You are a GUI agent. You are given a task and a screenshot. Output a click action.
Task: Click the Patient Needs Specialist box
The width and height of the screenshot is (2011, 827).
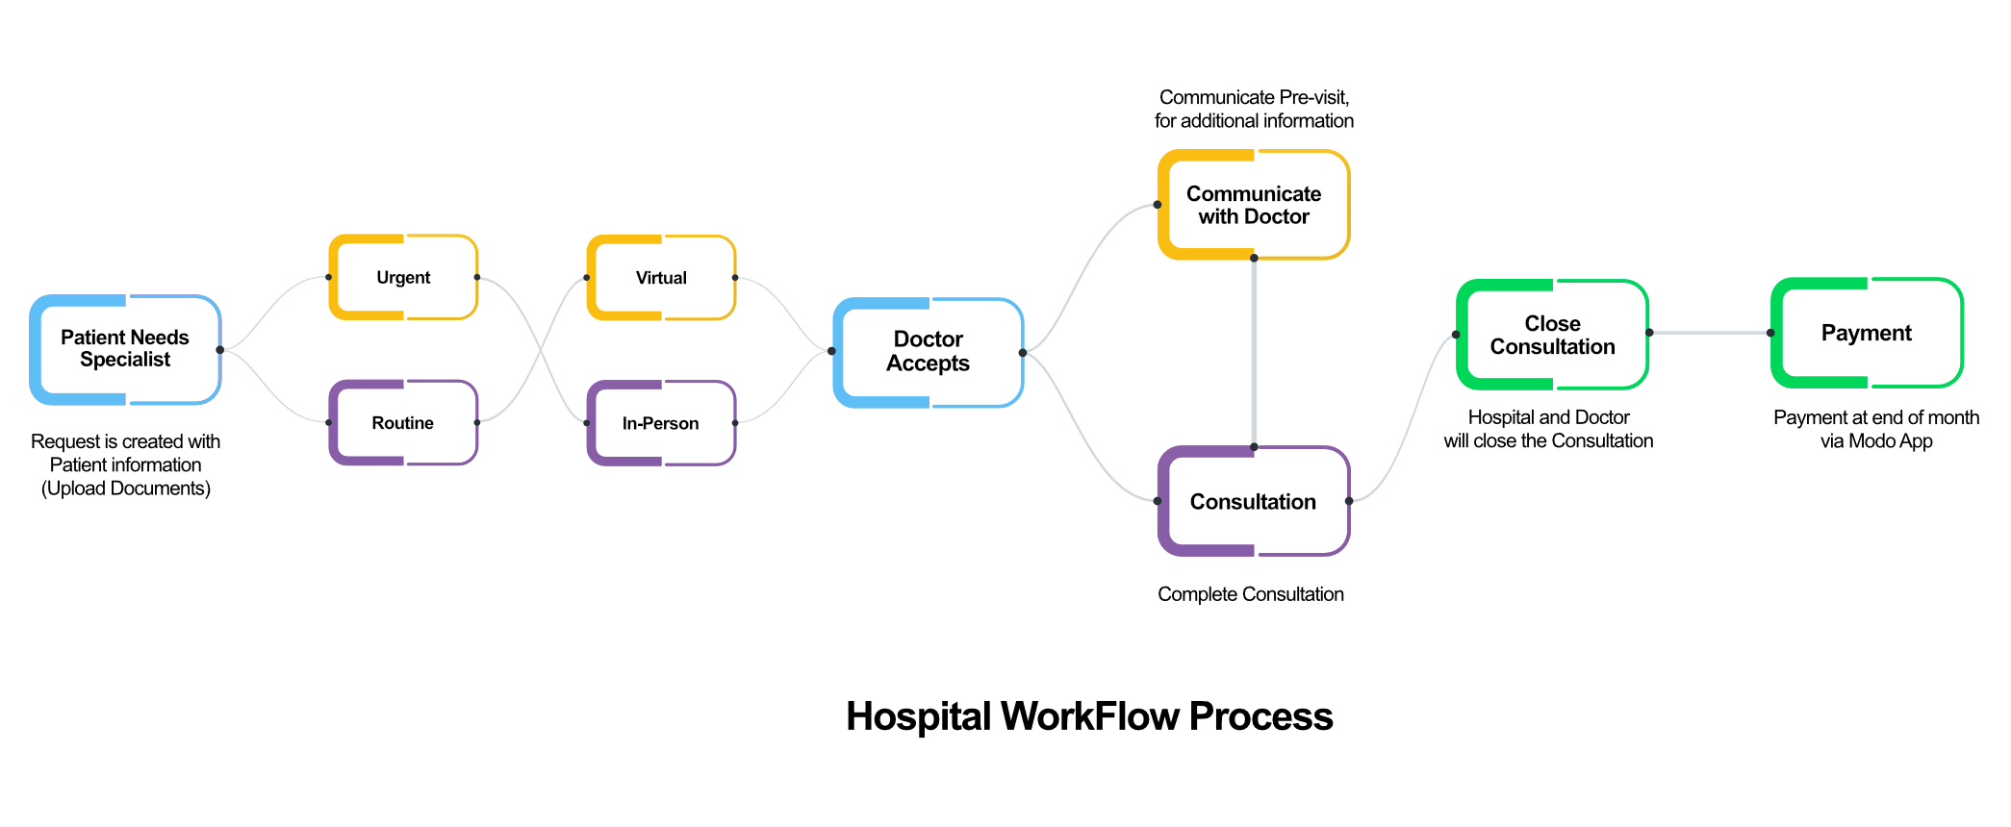tap(126, 348)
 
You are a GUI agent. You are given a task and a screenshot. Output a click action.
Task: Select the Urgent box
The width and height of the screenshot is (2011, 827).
tap(403, 278)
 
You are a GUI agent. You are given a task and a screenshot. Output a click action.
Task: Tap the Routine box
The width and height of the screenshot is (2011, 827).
tap(403, 423)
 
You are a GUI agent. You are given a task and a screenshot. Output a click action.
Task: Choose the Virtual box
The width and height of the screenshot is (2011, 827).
tap(661, 278)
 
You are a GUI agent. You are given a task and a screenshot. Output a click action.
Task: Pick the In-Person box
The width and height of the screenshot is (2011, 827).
tap(661, 423)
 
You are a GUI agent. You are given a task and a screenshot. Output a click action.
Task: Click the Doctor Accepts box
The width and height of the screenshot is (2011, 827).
tap(929, 351)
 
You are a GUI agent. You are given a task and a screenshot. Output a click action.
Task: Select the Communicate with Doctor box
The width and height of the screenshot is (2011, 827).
tap(1253, 205)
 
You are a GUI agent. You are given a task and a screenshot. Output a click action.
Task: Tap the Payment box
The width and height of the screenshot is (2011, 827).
tap(1867, 333)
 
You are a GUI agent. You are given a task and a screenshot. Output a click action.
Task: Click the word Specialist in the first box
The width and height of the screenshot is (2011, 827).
tap(125, 360)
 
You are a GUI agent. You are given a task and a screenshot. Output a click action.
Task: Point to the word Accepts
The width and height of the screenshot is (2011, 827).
tap(928, 363)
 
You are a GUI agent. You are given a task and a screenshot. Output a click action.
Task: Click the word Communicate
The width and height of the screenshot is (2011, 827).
tap(1253, 193)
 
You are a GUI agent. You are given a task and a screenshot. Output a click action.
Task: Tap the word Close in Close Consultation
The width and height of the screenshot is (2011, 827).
tap(1552, 323)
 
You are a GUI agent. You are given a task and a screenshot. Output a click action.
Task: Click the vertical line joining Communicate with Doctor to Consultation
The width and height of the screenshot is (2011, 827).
tap(1254, 352)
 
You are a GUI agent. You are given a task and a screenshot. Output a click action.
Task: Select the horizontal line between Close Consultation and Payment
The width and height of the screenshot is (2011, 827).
tap(1709, 333)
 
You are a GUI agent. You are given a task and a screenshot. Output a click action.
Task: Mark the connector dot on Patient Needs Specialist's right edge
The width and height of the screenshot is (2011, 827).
tap(219, 350)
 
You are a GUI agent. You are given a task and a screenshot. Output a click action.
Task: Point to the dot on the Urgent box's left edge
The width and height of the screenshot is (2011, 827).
tap(328, 277)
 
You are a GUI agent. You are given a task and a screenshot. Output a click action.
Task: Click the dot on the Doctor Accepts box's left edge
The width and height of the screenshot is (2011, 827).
tap(832, 351)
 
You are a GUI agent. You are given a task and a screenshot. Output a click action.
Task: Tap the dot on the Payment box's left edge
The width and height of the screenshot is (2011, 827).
tap(1770, 333)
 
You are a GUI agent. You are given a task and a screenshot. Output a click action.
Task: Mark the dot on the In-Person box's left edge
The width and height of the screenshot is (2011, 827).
tap(587, 423)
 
